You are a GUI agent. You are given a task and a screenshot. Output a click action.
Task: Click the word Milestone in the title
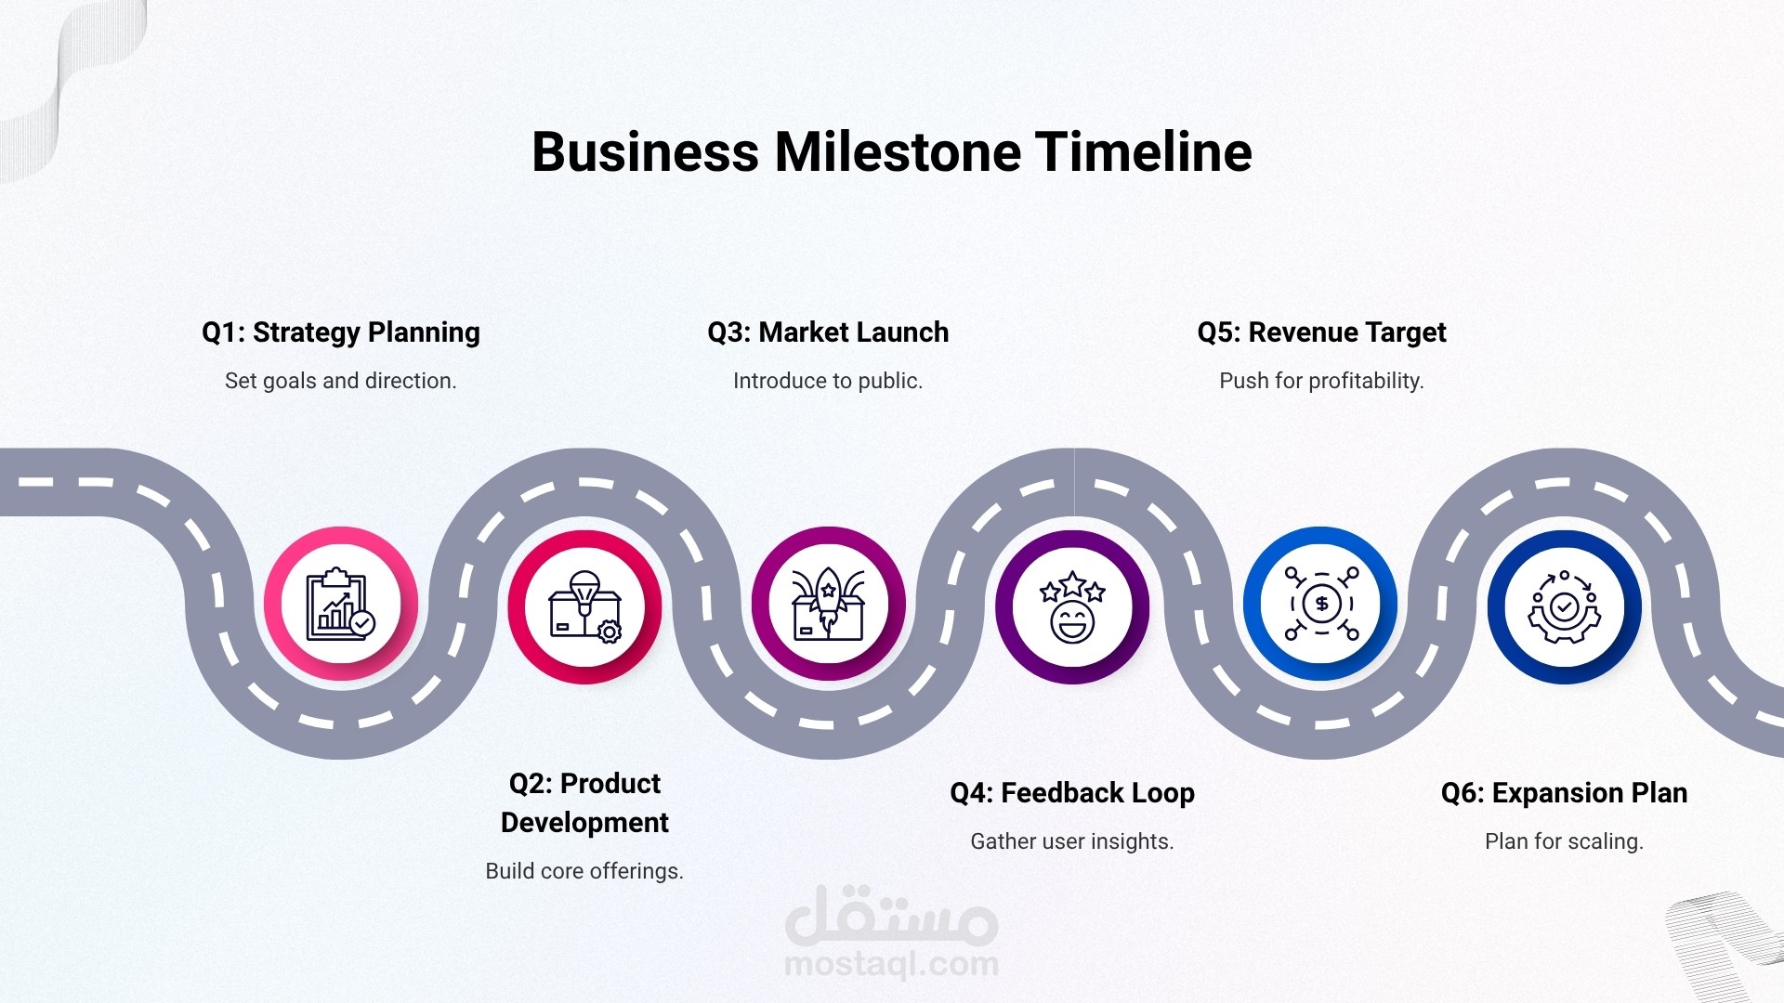(898, 151)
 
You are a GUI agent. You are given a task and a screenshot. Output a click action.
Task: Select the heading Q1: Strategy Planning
(341, 332)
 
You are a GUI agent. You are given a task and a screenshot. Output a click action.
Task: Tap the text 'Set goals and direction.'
(341, 381)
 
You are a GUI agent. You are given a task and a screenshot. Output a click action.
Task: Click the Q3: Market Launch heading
(828, 332)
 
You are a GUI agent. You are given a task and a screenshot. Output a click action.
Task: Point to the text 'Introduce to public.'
(828, 381)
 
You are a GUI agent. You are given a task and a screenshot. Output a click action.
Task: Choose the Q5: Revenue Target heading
(1321, 332)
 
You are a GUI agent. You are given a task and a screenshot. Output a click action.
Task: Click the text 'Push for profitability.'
(1321, 381)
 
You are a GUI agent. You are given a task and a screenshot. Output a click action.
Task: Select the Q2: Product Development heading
(584, 802)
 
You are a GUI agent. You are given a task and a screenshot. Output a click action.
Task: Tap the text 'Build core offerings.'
(584, 871)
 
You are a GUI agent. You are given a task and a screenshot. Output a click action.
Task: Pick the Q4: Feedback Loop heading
(1072, 793)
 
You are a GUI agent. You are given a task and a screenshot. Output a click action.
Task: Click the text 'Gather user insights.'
(1072, 841)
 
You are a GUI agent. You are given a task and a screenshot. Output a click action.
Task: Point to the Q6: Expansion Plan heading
(1565, 793)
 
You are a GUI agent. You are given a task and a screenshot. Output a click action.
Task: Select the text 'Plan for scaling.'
(1565, 841)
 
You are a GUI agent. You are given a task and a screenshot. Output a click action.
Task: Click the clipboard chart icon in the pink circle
(341, 604)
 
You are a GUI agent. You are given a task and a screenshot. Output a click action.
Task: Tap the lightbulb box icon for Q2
(584, 606)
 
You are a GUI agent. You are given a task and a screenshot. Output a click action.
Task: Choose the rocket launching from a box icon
(828, 605)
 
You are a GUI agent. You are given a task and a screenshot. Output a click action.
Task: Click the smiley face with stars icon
(1072, 607)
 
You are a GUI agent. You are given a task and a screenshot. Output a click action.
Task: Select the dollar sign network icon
(1321, 604)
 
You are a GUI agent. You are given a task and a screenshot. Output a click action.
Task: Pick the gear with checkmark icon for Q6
(1565, 607)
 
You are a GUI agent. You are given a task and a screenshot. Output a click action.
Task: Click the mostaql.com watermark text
(892, 964)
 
